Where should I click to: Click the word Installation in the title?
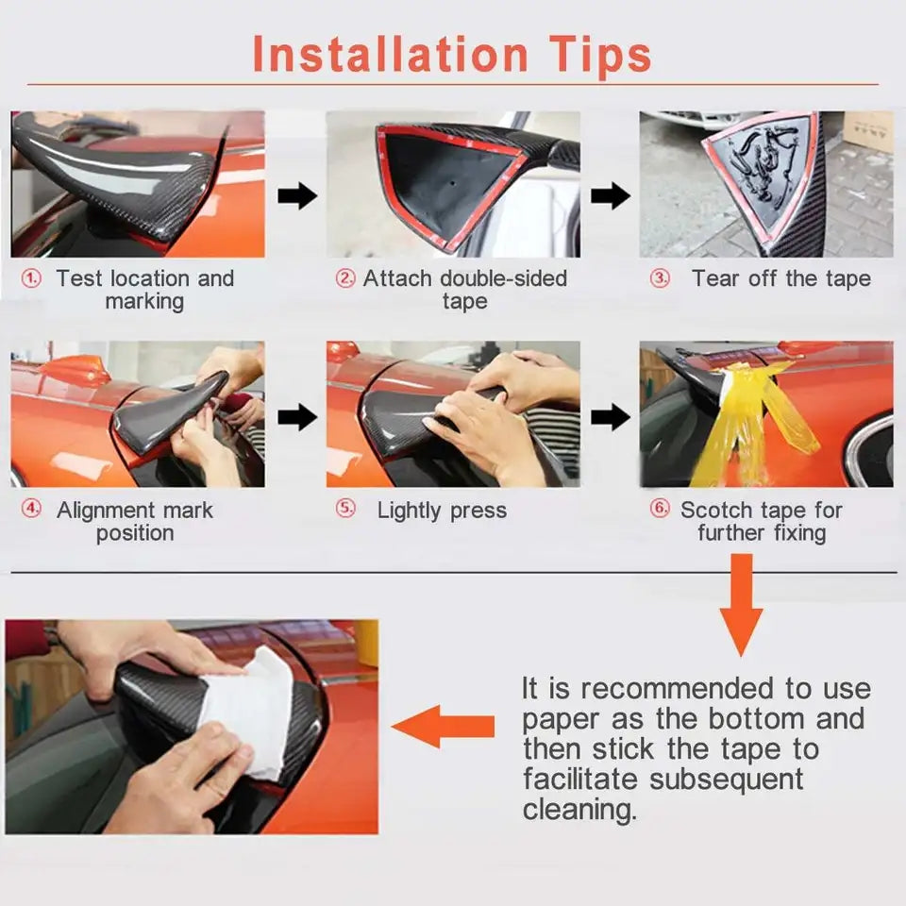click(x=391, y=54)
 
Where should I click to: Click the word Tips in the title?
click(x=600, y=56)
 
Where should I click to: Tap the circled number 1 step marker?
click(x=31, y=279)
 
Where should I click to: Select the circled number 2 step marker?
click(x=345, y=278)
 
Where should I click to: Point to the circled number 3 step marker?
click(x=660, y=278)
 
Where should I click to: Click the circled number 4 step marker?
click(x=31, y=509)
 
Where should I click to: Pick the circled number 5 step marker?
click(x=345, y=509)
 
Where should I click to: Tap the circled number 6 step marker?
click(x=660, y=509)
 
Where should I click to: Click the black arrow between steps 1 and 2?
click(x=297, y=196)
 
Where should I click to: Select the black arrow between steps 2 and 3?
click(x=611, y=196)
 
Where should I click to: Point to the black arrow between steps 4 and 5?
click(x=297, y=416)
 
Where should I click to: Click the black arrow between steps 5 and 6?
click(x=611, y=416)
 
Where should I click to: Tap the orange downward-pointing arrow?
click(x=742, y=604)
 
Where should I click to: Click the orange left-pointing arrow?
click(x=443, y=727)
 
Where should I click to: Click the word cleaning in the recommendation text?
click(x=579, y=810)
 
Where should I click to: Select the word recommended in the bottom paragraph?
click(x=678, y=689)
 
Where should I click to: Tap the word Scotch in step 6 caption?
click(x=716, y=511)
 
